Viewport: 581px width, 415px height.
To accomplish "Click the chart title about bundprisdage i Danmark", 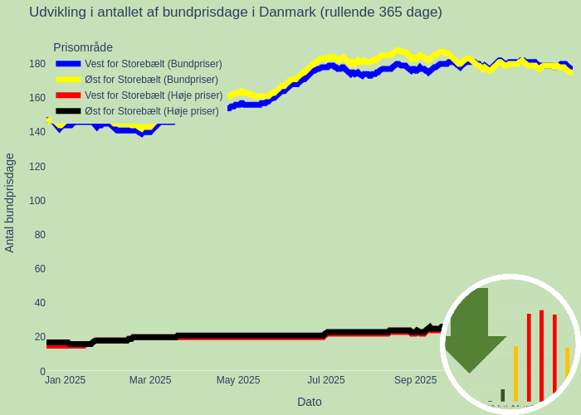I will click(235, 12).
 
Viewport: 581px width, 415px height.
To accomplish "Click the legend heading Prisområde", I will click(83, 48).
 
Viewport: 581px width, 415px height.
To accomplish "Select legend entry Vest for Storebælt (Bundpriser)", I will click(154, 64).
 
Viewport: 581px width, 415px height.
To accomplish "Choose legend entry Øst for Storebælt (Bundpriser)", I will click(151, 80).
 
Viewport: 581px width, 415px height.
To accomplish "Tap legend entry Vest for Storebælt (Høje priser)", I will click(154, 95).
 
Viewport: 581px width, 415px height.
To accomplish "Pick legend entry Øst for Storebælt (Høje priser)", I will click(152, 111).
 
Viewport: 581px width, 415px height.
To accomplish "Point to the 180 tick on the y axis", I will click(37, 64).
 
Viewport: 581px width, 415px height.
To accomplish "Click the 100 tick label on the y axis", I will click(37, 201).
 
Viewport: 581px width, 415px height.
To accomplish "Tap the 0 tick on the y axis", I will click(42, 371).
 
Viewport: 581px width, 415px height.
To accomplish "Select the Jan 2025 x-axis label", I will click(65, 380).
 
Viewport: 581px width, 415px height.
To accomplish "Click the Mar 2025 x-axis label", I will click(150, 380).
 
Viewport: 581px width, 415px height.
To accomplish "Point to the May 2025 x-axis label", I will click(238, 380).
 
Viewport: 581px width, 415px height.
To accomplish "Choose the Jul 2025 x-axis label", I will click(326, 380).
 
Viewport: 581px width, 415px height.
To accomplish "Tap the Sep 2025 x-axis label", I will click(415, 380).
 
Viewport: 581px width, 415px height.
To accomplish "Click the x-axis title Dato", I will click(310, 402).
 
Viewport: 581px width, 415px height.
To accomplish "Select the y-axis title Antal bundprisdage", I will click(10, 203).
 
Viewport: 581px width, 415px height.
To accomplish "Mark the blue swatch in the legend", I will click(68, 64).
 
